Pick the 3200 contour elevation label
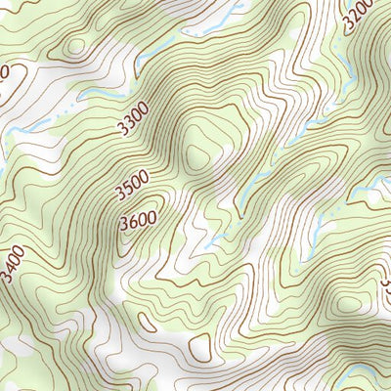pyautogui.click(x=359, y=14)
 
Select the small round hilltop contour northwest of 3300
pyautogui.click(x=75, y=46)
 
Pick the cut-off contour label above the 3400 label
pyautogui.click(x=5, y=73)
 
